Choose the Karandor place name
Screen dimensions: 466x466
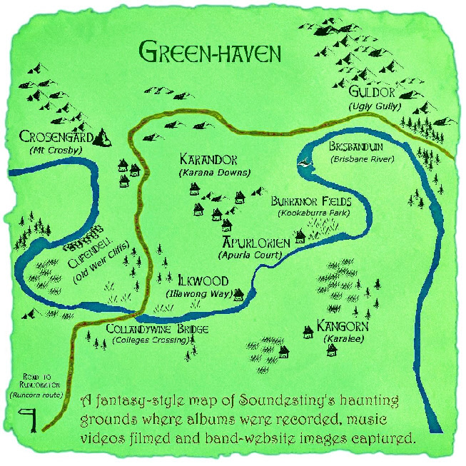208,159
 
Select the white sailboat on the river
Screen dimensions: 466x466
307,163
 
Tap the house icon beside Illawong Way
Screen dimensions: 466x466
238,293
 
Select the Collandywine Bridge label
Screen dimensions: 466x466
157,329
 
